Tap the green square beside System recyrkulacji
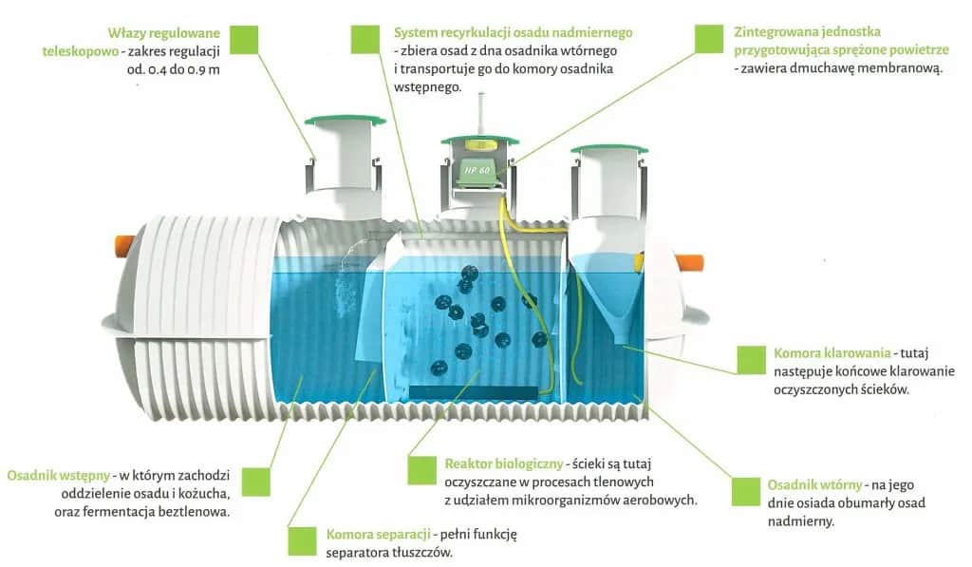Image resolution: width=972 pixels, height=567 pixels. [365, 39]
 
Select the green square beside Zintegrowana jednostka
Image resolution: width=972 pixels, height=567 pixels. [709, 39]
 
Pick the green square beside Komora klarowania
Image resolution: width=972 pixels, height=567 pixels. [752, 359]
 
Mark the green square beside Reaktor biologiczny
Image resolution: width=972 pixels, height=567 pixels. [421, 470]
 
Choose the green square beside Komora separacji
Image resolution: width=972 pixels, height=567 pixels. [302, 539]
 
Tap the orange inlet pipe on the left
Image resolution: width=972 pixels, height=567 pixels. [124, 244]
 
